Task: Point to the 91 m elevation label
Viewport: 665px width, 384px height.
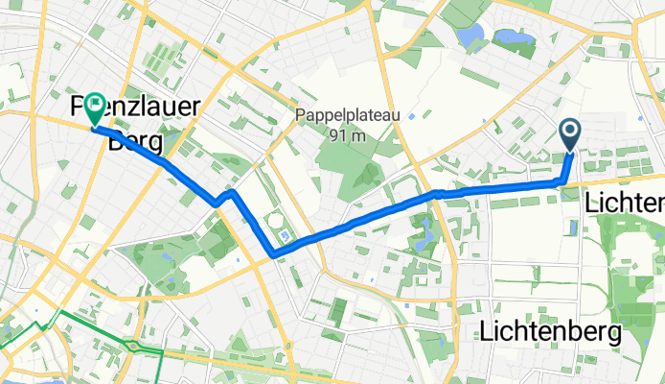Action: pyautogui.click(x=345, y=135)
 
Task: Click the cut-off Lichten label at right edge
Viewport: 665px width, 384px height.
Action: pyautogui.click(x=625, y=204)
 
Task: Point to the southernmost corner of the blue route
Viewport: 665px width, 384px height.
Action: pyautogui.click(x=276, y=254)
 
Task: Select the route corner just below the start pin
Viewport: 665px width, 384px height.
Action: pyautogui.click(x=562, y=180)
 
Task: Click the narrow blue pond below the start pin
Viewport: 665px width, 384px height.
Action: pyautogui.click(x=572, y=228)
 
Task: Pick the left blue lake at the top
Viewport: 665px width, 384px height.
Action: pyautogui.click(x=471, y=36)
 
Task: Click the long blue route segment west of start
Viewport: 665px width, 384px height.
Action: pyautogui.click(x=498, y=187)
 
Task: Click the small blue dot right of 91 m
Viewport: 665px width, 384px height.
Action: pyautogui.click(x=410, y=116)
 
